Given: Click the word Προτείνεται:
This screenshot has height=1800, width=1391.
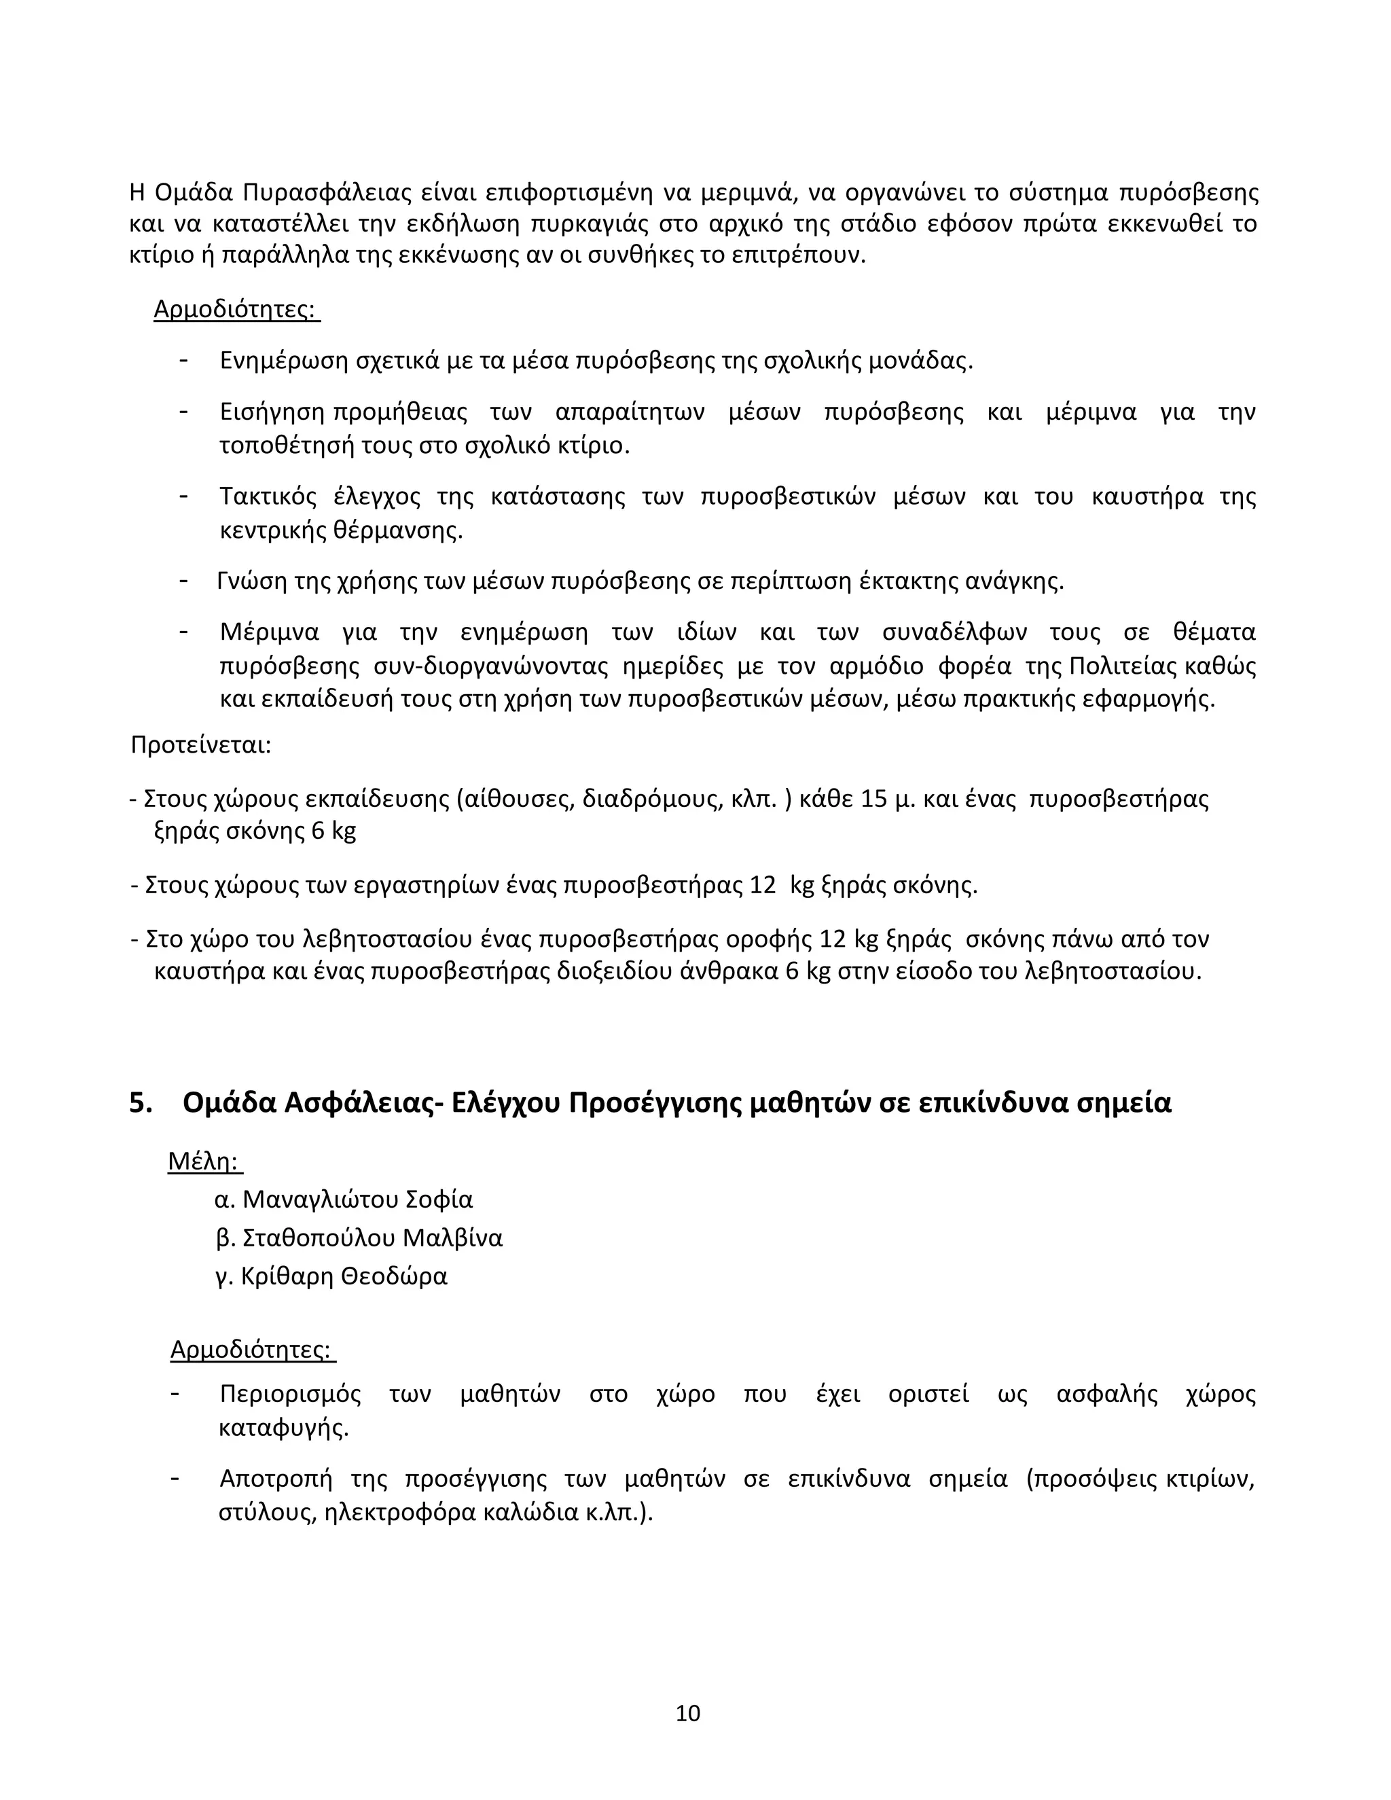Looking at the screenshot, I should (201, 745).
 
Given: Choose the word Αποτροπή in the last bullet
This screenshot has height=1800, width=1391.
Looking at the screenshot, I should (275, 1479).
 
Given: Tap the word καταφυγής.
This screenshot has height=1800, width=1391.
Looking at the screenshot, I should (283, 1428).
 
